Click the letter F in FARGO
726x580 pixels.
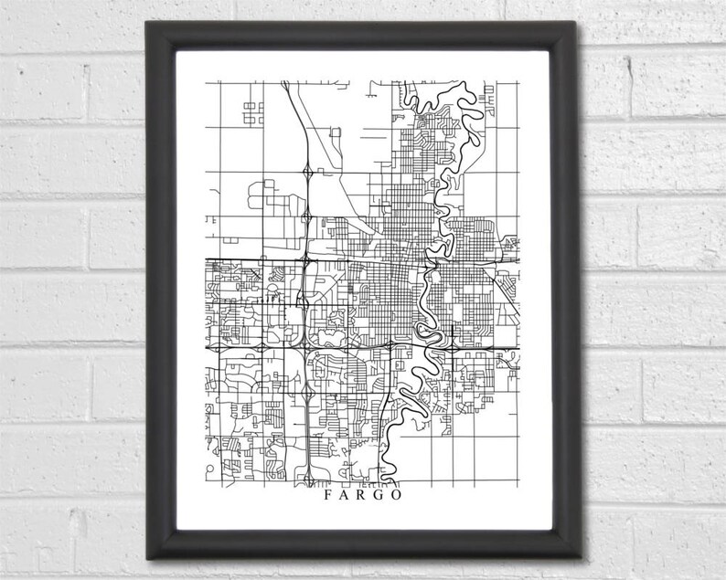(326, 497)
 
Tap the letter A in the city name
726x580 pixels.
(345, 497)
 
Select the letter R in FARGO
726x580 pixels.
(363, 497)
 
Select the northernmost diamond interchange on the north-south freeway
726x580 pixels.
(308, 171)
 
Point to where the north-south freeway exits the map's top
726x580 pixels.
(284, 82)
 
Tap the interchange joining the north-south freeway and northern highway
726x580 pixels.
(304, 262)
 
